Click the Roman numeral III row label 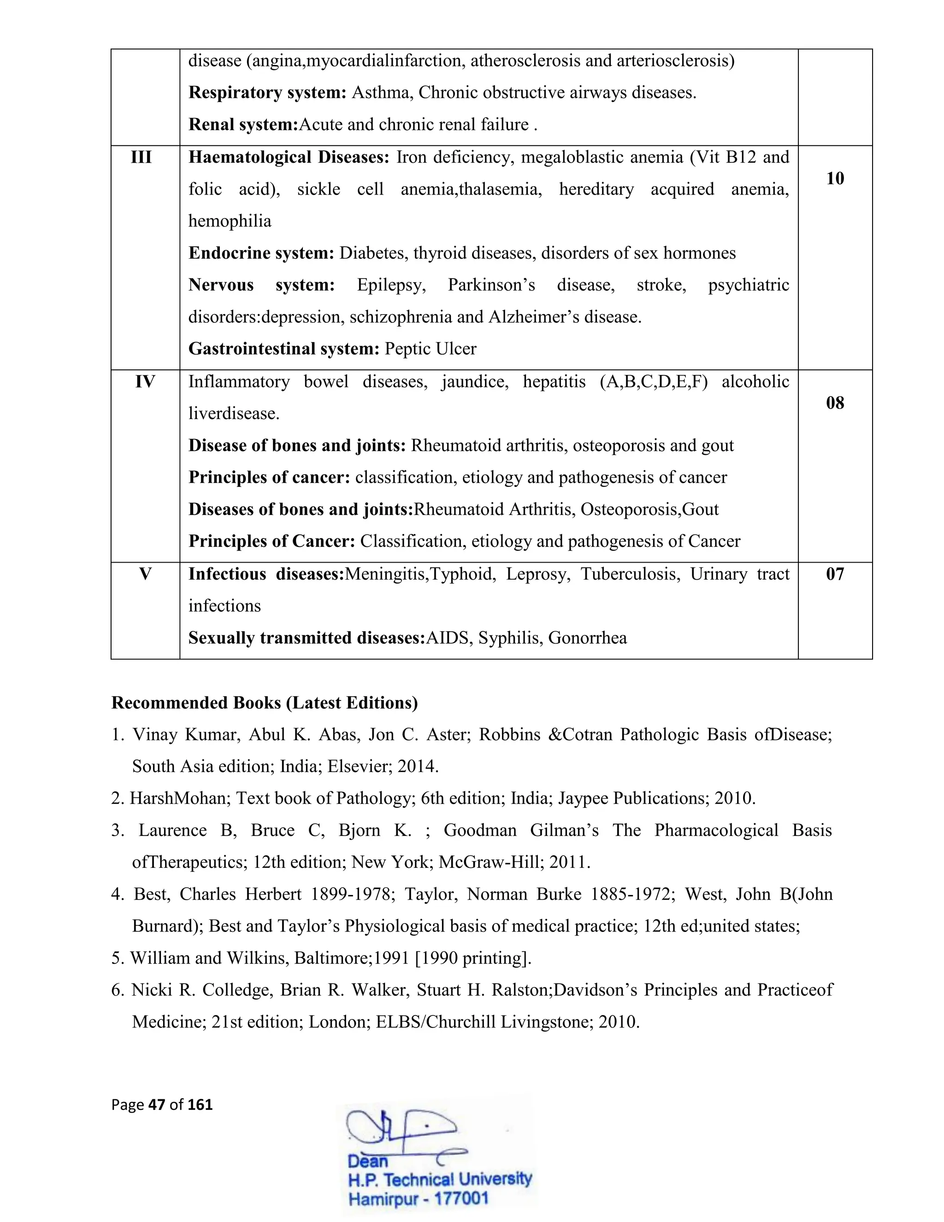pyautogui.click(x=141, y=157)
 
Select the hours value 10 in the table pyautogui.click(x=834, y=178)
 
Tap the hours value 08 pyautogui.click(x=834, y=403)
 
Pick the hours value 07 pyautogui.click(x=834, y=574)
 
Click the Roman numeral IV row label pyautogui.click(x=145, y=382)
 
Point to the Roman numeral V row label pyautogui.click(x=145, y=574)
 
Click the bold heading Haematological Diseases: pyautogui.click(x=289, y=157)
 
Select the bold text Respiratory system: pyautogui.click(x=267, y=93)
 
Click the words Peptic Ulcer pyautogui.click(x=430, y=349)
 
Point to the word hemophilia pyautogui.click(x=229, y=221)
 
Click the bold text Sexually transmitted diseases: pyautogui.click(x=307, y=638)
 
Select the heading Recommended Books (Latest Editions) pyautogui.click(x=265, y=703)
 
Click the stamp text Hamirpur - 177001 pyautogui.click(x=419, y=1198)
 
